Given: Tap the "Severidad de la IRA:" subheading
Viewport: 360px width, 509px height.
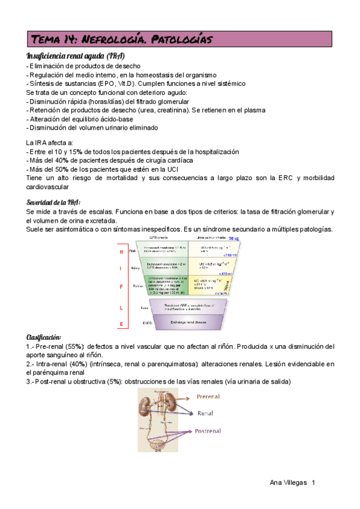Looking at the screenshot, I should pyautogui.click(x=53, y=202).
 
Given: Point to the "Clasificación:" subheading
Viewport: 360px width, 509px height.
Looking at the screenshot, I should pyautogui.click(x=44, y=337).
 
